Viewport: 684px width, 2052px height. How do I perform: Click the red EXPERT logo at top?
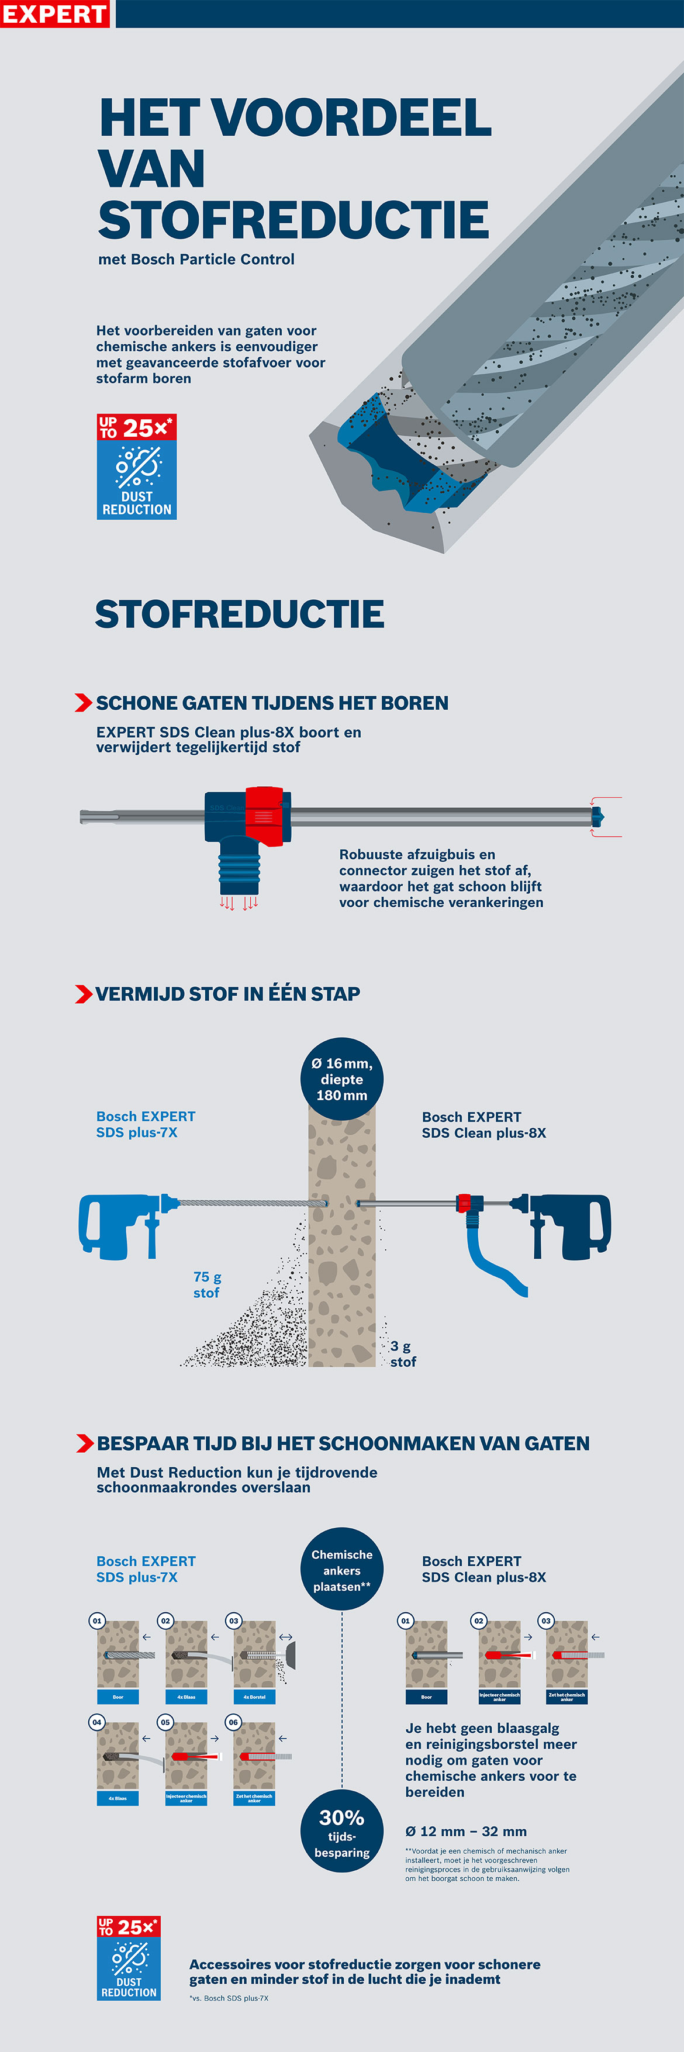(54, 13)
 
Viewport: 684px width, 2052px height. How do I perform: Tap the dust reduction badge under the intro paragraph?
(136, 467)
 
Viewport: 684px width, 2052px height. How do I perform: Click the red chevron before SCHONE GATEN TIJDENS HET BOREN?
(83, 703)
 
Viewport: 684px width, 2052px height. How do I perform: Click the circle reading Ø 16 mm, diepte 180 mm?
(341, 1079)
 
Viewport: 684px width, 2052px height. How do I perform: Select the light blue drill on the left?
(119, 1224)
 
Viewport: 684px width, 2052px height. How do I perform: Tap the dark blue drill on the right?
(569, 1224)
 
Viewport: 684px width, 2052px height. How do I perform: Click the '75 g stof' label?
(207, 1284)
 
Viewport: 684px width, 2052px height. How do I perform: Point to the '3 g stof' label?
(403, 1353)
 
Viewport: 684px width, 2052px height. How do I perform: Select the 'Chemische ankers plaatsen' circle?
(341, 1569)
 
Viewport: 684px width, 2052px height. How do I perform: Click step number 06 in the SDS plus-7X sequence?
(233, 1722)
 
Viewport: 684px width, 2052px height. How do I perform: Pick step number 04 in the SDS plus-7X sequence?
(96, 1722)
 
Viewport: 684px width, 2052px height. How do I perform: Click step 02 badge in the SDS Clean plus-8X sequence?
(479, 1620)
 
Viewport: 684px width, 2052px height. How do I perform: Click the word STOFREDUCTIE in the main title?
(293, 220)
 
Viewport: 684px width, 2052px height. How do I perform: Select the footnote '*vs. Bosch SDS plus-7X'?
(229, 1998)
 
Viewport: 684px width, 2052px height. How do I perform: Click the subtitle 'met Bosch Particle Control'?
(196, 259)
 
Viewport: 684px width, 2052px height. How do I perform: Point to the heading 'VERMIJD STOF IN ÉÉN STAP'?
(227, 993)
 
